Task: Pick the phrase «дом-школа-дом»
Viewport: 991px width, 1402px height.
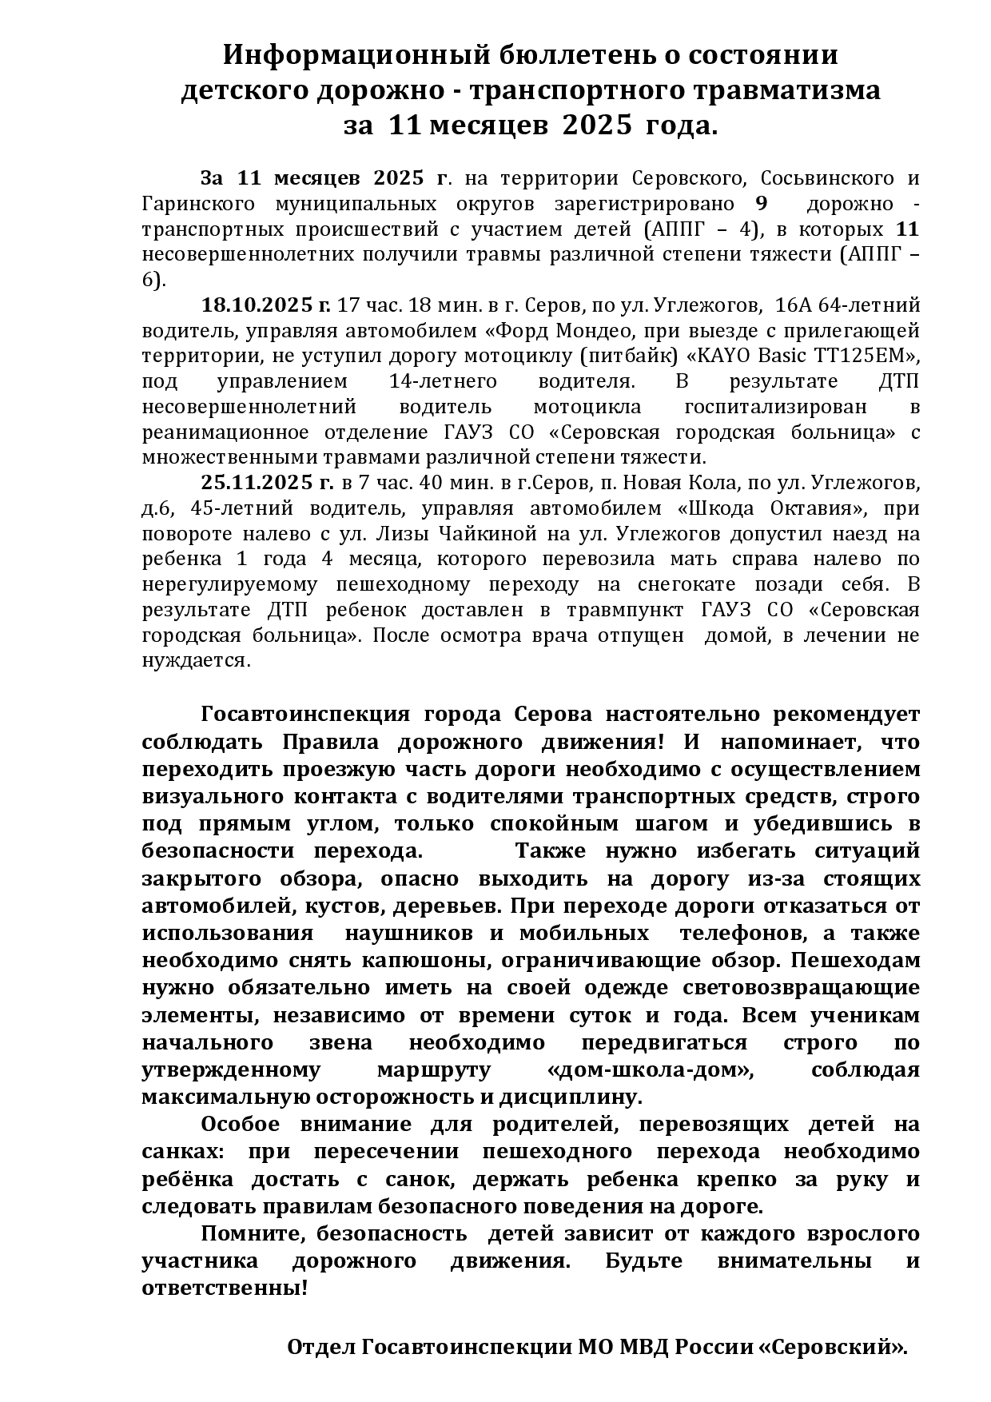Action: [x=651, y=1069]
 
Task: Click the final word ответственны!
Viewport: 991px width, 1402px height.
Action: [x=225, y=1288]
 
